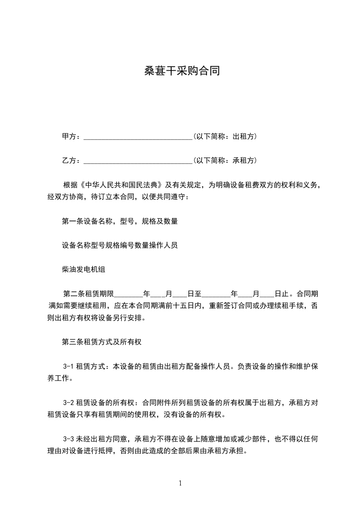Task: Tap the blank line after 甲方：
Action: click(x=138, y=136)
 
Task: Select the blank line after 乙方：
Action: click(x=138, y=161)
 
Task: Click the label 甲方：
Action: click(x=71, y=136)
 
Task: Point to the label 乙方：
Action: click(x=71, y=161)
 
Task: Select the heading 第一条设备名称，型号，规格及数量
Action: click(x=119, y=221)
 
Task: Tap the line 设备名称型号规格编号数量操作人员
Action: click(x=119, y=245)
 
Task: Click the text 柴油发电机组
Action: click(x=84, y=270)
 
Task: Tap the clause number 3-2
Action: click(x=69, y=403)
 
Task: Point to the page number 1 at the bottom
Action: click(x=180, y=483)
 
